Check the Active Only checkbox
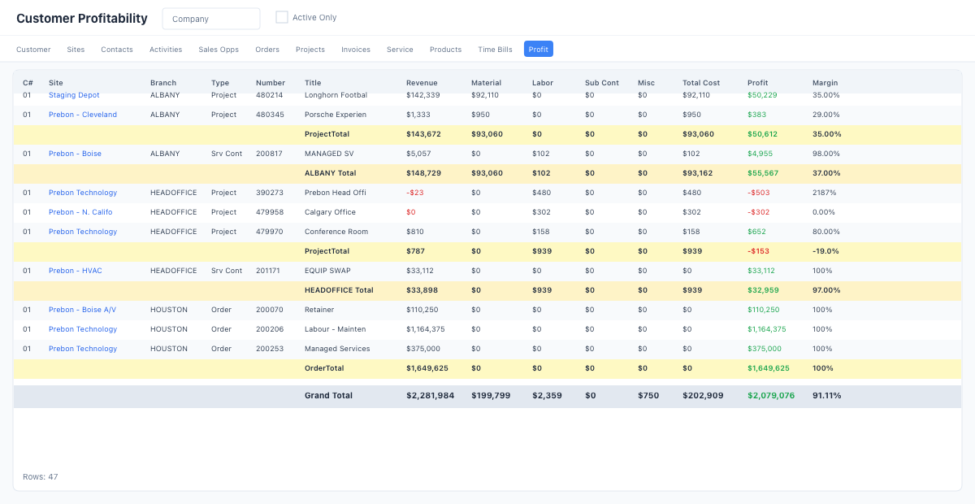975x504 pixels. coord(282,17)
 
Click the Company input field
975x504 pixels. coord(211,19)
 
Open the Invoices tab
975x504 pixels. coord(356,50)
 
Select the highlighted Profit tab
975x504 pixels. coord(538,50)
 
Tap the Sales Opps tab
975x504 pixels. coord(219,50)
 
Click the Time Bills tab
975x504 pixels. coord(495,50)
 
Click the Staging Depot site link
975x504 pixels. coord(74,95)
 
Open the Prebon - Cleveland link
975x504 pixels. coord(82,115)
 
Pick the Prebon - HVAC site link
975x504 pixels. coord(75,271)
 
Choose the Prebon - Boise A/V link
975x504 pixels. coord(82,310)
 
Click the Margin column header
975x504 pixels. coord(825,83)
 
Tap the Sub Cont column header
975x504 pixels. coord(601,83)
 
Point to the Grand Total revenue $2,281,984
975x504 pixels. coord(430,396)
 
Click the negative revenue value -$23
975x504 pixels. coord(415,193)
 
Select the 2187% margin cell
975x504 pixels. coord(824,193)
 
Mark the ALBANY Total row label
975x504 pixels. coord(330,173)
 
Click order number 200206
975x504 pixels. coord(270,329)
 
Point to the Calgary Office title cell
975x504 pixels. coord(330,212)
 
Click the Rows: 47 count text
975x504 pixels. coord(40,477)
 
